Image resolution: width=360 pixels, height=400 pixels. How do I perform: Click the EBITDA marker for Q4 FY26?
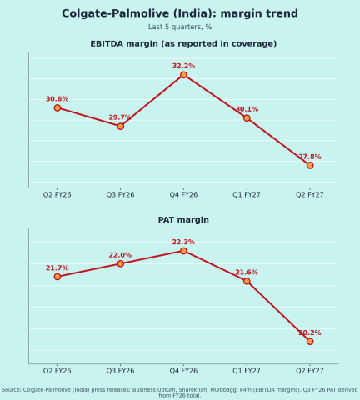click(x=183, y=75)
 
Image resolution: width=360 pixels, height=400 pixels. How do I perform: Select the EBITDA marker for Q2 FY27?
click(x=310, y=165)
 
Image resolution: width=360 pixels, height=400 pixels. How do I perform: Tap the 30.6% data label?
click(x=57, y=99)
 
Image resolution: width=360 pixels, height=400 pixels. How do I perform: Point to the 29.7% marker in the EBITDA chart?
click(x=120, y=127)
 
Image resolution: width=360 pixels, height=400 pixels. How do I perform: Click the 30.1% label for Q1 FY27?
click(x=247, y=109)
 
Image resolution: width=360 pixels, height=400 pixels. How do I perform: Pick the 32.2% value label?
click(x=183, y=66)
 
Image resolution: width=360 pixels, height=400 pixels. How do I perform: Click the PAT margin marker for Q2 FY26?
click(x=57, y=277)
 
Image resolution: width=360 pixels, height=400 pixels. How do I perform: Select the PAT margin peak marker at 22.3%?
click(x=183, y=251)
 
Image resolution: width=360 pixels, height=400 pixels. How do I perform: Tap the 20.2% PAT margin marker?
click(x=310, y=342)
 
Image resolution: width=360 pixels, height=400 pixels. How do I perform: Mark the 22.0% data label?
click(x=120, y=255)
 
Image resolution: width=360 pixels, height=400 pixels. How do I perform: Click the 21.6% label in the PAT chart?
click(x=247, y=272)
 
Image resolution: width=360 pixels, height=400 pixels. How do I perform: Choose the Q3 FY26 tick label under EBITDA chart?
click(x=120, y=195)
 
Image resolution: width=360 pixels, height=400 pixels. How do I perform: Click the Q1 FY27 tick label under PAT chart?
click(x=247, y=371)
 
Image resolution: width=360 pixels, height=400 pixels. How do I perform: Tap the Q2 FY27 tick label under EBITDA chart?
click(x=310, y=195)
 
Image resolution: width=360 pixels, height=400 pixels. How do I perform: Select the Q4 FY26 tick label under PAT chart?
click(x=183, y=371)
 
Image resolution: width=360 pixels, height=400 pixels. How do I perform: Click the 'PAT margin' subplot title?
click(x=183, y=220)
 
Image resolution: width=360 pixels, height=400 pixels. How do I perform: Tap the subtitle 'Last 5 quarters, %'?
click(x=180, y=27)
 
